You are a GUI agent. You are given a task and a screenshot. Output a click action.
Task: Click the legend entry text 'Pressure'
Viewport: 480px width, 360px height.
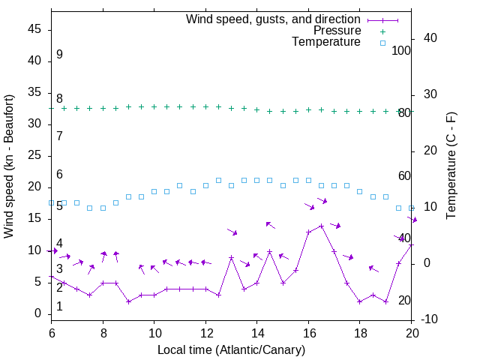point(337,31)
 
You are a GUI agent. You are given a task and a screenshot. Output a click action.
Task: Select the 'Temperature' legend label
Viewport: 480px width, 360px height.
point(326,43)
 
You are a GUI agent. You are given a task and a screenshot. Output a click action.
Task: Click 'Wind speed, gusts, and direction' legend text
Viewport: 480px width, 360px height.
point(273,19)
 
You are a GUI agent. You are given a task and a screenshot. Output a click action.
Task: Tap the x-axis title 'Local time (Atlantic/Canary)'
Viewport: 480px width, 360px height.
point(231,350)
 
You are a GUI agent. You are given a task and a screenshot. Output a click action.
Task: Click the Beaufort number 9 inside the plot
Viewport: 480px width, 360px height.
point(59,55)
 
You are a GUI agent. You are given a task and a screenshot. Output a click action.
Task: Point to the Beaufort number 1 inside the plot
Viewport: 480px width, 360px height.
point(59,307)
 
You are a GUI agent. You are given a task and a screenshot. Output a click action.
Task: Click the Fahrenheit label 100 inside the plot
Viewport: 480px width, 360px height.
point(401,50)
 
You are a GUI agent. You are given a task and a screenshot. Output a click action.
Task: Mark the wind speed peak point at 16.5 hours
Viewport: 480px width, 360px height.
point(321,226)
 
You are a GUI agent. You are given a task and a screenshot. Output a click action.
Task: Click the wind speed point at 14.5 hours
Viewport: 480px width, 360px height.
point(270,251)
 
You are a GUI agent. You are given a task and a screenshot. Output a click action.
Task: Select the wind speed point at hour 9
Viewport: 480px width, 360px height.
point(128,301)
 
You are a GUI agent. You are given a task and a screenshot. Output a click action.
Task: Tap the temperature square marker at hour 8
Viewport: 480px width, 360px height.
point(103,208)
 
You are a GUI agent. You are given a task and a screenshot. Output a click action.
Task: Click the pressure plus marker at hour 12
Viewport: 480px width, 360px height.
point(205,106)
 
